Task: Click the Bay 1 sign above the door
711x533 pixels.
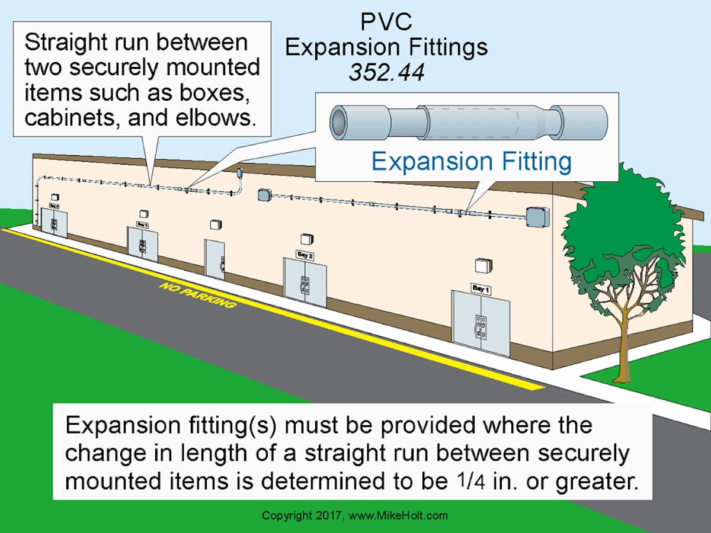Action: tap(481, 288)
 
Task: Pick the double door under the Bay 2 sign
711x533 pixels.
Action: tap(305, 282)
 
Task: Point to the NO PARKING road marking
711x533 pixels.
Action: tap(197, 296)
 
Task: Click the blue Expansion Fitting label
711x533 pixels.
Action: tap(472, 161)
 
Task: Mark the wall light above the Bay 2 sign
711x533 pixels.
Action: tap(306, 239)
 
